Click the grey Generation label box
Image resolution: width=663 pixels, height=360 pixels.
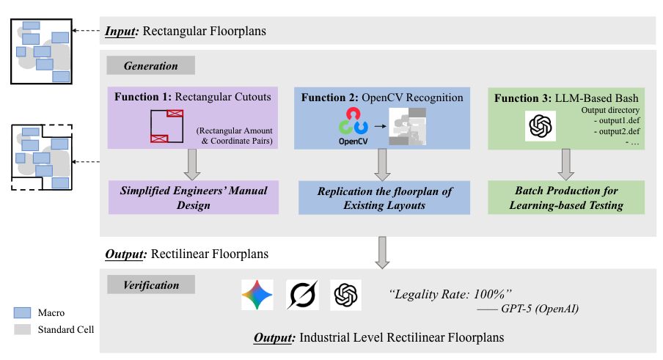click(150, 66)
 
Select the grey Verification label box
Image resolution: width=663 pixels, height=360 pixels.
click(150, 284)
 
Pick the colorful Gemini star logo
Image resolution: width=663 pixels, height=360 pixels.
click(257, 295)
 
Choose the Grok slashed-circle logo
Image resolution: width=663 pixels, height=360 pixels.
click(301, 295)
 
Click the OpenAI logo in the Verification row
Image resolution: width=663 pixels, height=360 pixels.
click(345, 295)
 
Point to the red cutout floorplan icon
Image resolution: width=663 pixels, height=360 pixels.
click(166, 125)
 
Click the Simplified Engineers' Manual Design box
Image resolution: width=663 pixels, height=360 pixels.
click(194, 198)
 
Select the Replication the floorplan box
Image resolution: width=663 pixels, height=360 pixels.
click(384, 198)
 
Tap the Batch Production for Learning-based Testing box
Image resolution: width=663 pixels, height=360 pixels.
click(566, 198)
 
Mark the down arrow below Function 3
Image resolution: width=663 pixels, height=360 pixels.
click(565, 165)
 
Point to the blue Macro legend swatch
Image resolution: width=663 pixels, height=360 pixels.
click(23, 313)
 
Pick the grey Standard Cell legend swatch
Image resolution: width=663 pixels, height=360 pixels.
click(23, 329)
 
